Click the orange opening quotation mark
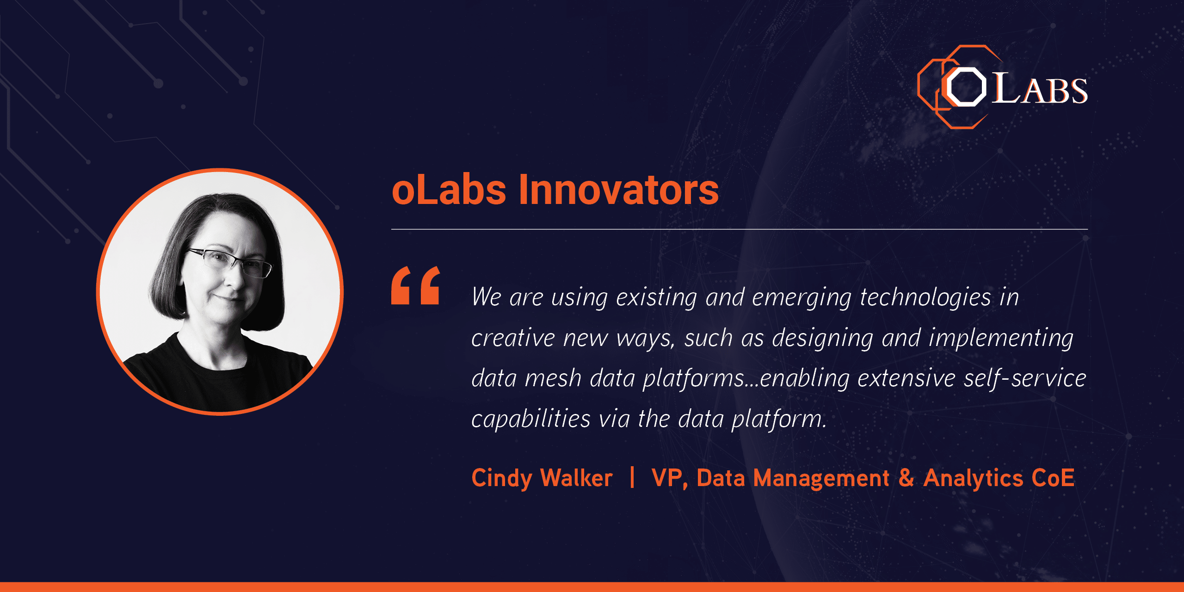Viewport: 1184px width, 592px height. point(415,285)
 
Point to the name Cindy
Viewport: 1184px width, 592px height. point(502,478)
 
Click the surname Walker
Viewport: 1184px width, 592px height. point(576,478)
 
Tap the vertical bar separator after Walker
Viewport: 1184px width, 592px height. point(632,477)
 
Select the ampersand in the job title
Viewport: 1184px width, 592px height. point(906,478)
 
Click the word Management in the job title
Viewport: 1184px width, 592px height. point(821,479)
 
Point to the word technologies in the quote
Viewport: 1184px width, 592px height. point(925,297)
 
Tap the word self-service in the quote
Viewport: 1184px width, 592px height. point(1025,378)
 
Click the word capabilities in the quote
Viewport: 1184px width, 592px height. point(531,419)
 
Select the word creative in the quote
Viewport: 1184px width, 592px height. point(513,338)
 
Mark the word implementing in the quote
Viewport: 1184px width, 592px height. point(1001,338)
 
